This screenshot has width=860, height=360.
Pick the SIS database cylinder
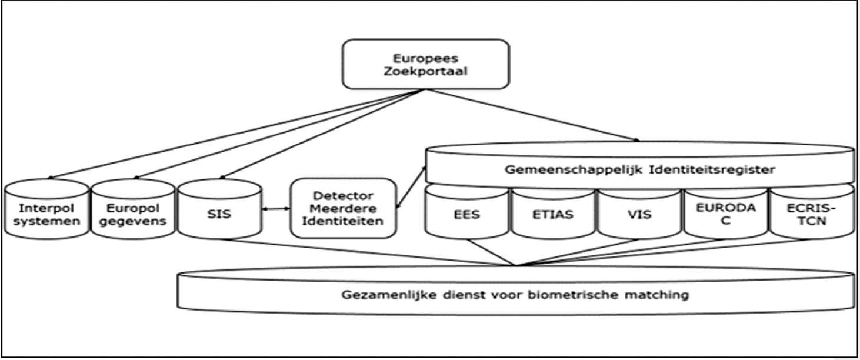pyautogui.click(x=219, y=214)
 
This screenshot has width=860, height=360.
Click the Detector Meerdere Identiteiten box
pyautogui.click(x=343, y=208)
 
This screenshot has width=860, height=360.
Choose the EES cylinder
pyautogui.click(x=467, y=215)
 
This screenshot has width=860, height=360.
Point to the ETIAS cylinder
pyautogui.click(x=553, y=215)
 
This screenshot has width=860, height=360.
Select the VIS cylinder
pyautogui.click(x=639, y=215)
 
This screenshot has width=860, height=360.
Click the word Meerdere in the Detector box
pyautogui.click(x=343, y=208)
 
